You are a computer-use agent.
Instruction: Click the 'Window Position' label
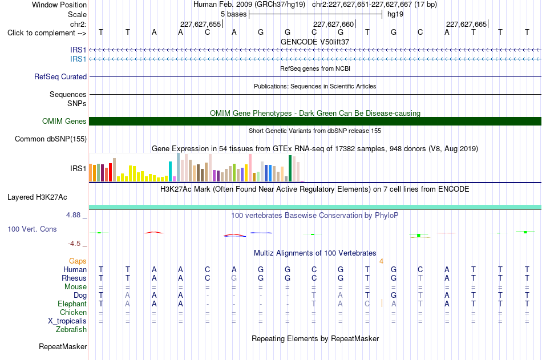coord(59,5)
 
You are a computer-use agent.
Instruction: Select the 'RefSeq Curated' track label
coord(60,77)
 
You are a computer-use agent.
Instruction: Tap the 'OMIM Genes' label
coord(64,121)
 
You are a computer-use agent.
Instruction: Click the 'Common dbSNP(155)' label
coord(51,139)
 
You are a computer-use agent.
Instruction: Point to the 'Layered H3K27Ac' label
coord(37,197)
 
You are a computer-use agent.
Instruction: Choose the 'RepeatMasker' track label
coord(63,346)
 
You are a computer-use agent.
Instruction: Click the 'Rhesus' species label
coord(74,278)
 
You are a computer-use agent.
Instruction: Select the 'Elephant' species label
coord(72,304)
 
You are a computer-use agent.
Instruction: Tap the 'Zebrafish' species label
coord(71,330)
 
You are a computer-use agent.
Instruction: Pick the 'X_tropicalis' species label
coord(67,321)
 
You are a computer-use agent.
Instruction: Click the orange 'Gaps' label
coord(78,261)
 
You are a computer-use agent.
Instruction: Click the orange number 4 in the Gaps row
coord(381,261)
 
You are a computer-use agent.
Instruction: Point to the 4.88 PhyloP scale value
coord(73,215)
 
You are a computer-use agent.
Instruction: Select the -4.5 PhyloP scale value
coord(74,244)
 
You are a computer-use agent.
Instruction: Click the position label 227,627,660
coord(334,24)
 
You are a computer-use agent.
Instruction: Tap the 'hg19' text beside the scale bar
coord(395,14)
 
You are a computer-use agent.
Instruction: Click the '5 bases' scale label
coord(234,14)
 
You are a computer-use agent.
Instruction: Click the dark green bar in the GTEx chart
coord(290,168)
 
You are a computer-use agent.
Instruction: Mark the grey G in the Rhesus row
coord(234,278)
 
